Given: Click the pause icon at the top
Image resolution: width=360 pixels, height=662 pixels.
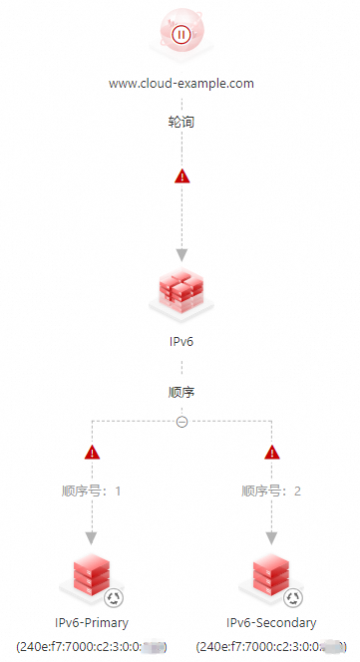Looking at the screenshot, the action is (x=180, y=34).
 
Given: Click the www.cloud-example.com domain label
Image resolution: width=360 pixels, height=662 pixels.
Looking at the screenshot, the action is (x=180, y=84).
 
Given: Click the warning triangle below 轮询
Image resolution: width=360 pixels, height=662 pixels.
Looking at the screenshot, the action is (x=181, y=176).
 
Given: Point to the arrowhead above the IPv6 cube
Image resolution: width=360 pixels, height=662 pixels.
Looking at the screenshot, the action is (x=181, y=253).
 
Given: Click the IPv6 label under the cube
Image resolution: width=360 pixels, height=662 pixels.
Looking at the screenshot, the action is (x=180, y=341).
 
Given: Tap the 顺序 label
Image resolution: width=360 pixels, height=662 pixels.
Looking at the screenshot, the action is (x=180, y=392).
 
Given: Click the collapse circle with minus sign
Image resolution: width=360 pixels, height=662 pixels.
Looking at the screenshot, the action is (x=181, y=422).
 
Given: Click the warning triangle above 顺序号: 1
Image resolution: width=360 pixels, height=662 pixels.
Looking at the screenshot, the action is (x=93, y=453).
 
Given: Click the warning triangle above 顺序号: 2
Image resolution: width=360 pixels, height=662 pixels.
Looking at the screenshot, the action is (x=271, y=453).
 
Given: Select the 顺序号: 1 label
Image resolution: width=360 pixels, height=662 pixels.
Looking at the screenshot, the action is (x=92, y=491).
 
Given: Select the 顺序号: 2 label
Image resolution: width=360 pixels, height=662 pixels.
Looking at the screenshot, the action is (x=271, y=491).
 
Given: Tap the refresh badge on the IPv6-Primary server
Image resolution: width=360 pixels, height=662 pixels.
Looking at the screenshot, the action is (x=114, y=598).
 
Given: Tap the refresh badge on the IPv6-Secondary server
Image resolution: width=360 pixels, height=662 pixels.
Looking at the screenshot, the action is (x=293, y=598).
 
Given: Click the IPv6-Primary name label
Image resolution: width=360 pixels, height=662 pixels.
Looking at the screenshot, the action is (x=92, y=623).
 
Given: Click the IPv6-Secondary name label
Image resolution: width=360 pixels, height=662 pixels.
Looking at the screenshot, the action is (x=271, y=623).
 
